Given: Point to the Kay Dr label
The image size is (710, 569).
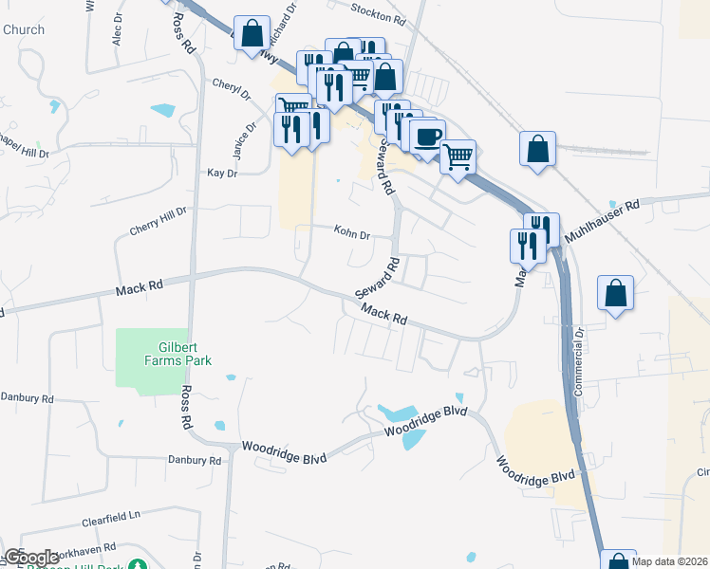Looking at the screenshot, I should click(x=220, y=174).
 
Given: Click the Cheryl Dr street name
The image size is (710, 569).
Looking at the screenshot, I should click(x=231, y=88).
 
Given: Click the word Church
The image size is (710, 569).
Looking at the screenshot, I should click(x=24, y=29).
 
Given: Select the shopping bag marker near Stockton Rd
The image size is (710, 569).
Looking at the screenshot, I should click(x=252, y=33).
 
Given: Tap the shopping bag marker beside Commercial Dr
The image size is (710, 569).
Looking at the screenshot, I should click(x=616, y=292).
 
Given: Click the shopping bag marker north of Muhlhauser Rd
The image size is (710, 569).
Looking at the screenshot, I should click(x=537, y=148).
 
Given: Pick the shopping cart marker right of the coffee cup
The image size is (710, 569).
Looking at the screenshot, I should click(x=458, y=156).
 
